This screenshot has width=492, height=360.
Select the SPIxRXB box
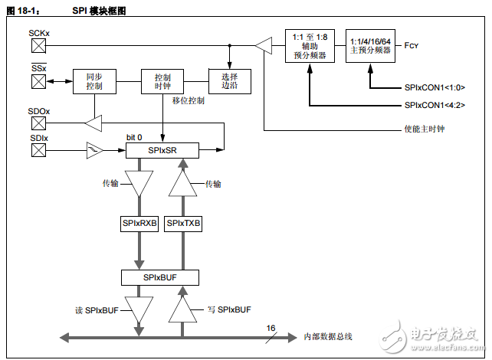[139, 224]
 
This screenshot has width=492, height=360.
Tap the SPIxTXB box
[183, 224]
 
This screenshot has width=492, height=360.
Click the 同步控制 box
[93, 82]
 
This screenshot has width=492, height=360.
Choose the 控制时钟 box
[162, 82]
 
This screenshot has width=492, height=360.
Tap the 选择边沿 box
[230, 82]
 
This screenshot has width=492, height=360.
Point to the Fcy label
[412, 46]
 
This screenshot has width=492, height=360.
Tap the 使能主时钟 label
[424, 128]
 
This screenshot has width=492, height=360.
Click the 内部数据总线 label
[327, 335]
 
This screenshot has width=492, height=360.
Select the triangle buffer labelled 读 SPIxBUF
[139, 310]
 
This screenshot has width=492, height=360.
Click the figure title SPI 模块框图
[98, 10]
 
